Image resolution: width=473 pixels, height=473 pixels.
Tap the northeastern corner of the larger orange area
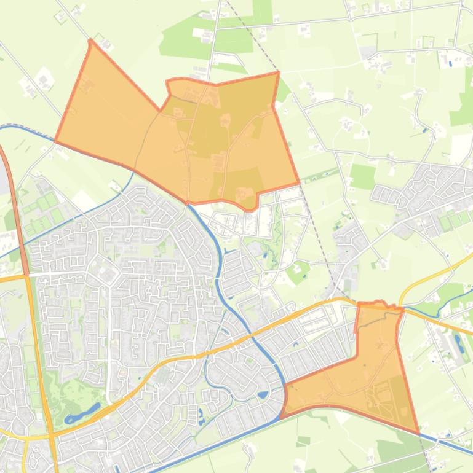click(x=278, y=73)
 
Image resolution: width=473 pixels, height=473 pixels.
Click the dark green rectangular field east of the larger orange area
click(x=363, y=160)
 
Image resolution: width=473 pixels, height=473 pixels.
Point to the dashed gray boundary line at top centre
click(x=252, y=37)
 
